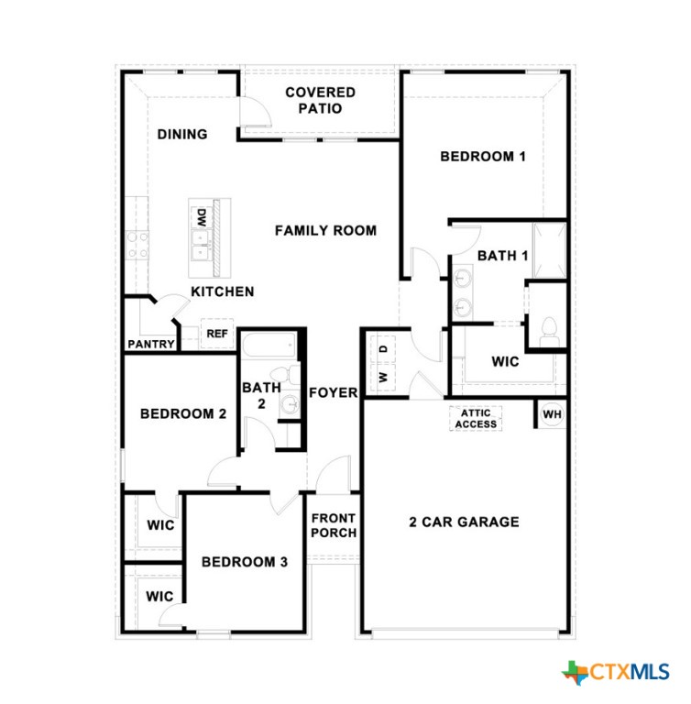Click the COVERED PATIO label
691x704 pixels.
320,100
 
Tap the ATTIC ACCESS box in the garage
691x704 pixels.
476,418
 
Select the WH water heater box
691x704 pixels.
552,415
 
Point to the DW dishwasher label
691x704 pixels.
201,218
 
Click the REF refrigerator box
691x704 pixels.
217,334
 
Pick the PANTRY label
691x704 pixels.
151,345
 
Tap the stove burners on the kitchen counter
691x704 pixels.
137,243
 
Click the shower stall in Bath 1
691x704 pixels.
550,247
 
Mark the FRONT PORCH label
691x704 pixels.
333,525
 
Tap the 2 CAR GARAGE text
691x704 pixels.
464,522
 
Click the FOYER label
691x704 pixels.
333,393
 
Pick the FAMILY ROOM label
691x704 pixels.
325,231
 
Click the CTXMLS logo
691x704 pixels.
616,672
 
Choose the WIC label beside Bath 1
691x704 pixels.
505,361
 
